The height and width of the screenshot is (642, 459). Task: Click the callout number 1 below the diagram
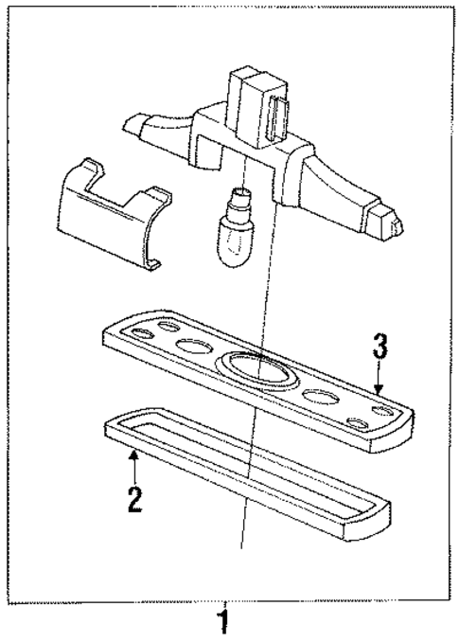(223, 624)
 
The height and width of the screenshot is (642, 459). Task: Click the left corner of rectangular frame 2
(108, 429)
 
